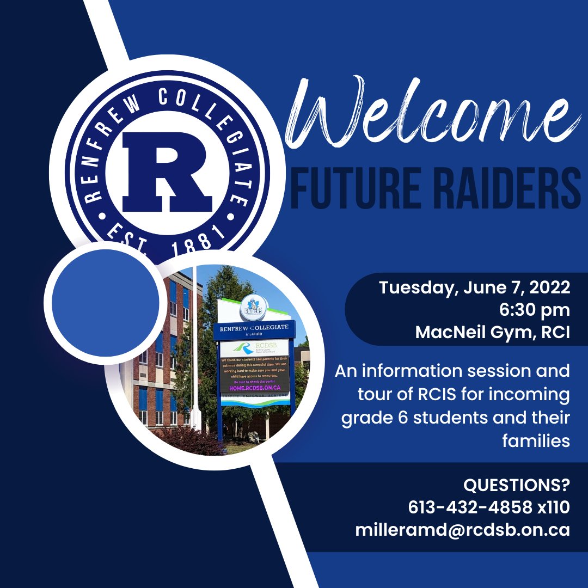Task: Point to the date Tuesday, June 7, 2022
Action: pos(474,287)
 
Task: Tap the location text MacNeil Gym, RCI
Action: pos(492,332)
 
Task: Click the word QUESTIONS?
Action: pos(516,485)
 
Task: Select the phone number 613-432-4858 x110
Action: pos(488,507)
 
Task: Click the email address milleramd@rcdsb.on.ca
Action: pos(462,529)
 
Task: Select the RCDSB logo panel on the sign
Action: pos(254,348)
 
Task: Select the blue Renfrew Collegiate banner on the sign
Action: pos(254,329)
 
